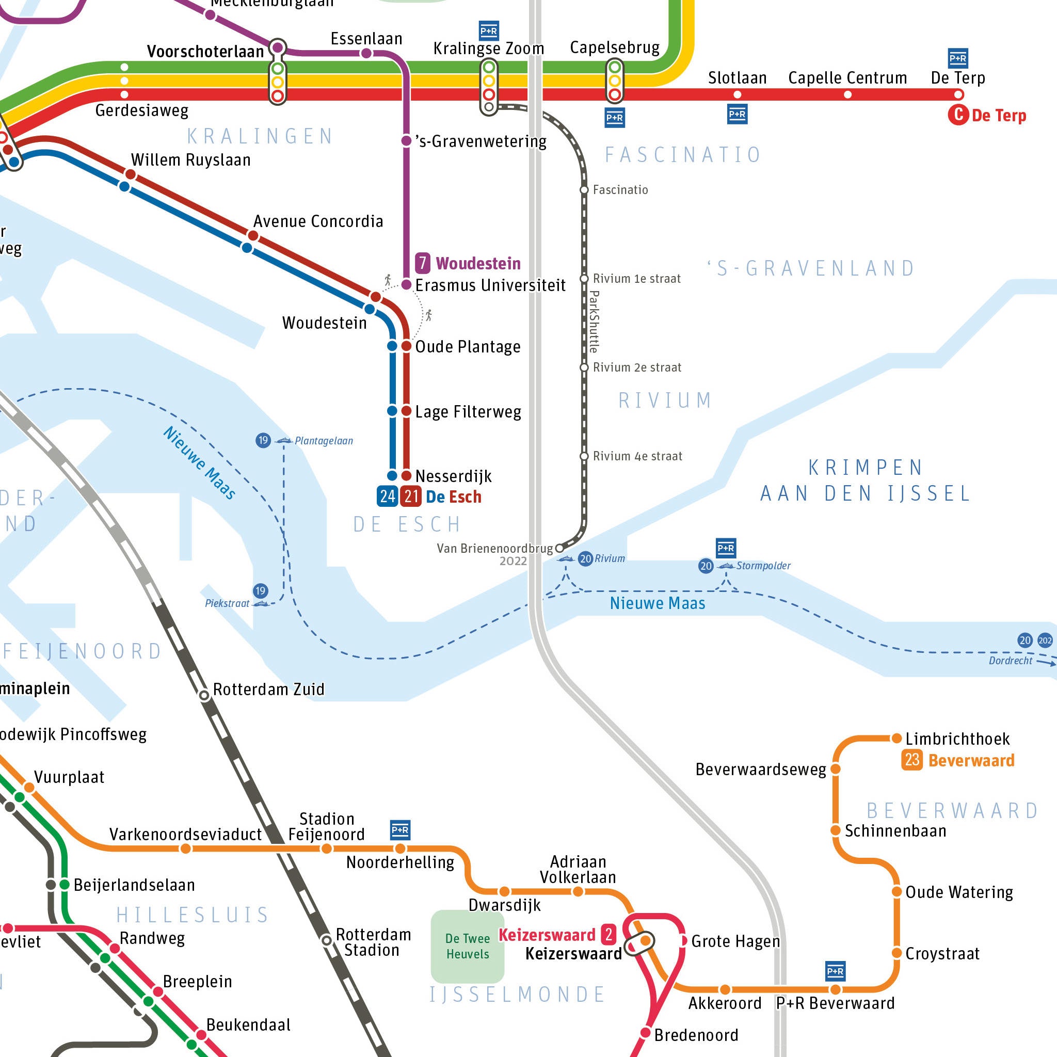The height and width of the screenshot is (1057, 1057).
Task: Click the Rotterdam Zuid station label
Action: (x=268, y=690)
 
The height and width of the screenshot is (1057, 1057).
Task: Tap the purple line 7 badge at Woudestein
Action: (x=422, y=263)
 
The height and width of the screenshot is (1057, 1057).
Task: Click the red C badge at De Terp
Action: (x=958, y=115)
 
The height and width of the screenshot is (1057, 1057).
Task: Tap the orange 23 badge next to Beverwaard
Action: (x=912, y=760)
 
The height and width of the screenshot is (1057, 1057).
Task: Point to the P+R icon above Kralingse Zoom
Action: (x=489, y=30)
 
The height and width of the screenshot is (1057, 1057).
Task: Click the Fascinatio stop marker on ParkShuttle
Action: (x=584, y=190)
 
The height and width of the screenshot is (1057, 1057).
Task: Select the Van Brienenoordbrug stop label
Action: (x=494, y=548)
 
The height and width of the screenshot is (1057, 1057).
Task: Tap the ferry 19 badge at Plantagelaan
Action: (x=263, y=440)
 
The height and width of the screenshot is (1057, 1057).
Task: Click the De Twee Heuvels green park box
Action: (x=467, y=947)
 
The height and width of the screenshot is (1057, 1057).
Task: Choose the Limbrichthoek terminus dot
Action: (x=896, y=739)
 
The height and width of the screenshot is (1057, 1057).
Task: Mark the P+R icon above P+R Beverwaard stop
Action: (x=836, y=972)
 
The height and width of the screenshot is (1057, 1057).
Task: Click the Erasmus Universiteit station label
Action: (x=490, y=285)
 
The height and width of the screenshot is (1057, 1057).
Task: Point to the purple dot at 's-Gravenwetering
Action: (x=407, y=141)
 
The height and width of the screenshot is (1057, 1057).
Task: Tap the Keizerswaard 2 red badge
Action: (x=608, y=935)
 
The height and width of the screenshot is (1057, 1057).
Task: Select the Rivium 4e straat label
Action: (x=637, y=456)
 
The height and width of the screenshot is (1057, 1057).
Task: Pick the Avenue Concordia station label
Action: (x=318, y=221)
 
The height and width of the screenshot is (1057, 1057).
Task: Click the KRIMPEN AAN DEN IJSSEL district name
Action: (x=866, y=481)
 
